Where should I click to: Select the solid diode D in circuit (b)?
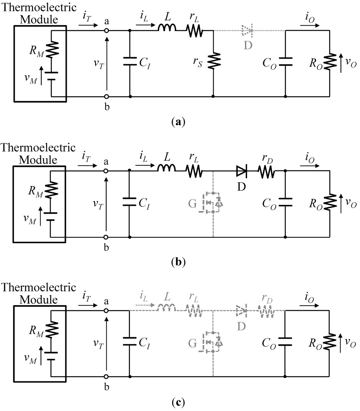click(242, 171)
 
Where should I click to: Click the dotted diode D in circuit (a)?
click(247, 31)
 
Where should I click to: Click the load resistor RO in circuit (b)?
click(330, 203)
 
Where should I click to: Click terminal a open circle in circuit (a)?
click(107, 31)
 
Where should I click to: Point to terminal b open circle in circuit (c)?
click(107, 376)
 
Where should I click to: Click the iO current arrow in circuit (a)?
click(310, 26)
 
